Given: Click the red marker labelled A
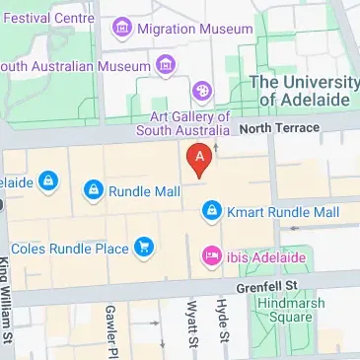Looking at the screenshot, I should (x=200, y=159).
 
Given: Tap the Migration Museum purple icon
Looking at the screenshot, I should (x=123, y=30).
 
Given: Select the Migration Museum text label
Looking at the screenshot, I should (x=196, y=30).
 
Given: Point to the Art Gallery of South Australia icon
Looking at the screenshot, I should (x=203, y=91).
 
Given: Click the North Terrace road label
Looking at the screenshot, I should (x=279, y=127).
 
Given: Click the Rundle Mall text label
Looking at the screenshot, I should (x=144, y=191).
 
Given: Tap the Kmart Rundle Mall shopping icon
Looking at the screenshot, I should (x=211, y=210).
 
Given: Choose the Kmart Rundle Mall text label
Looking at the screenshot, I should (x=283, y=212).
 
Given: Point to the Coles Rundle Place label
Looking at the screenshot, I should (x=69, y=249).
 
